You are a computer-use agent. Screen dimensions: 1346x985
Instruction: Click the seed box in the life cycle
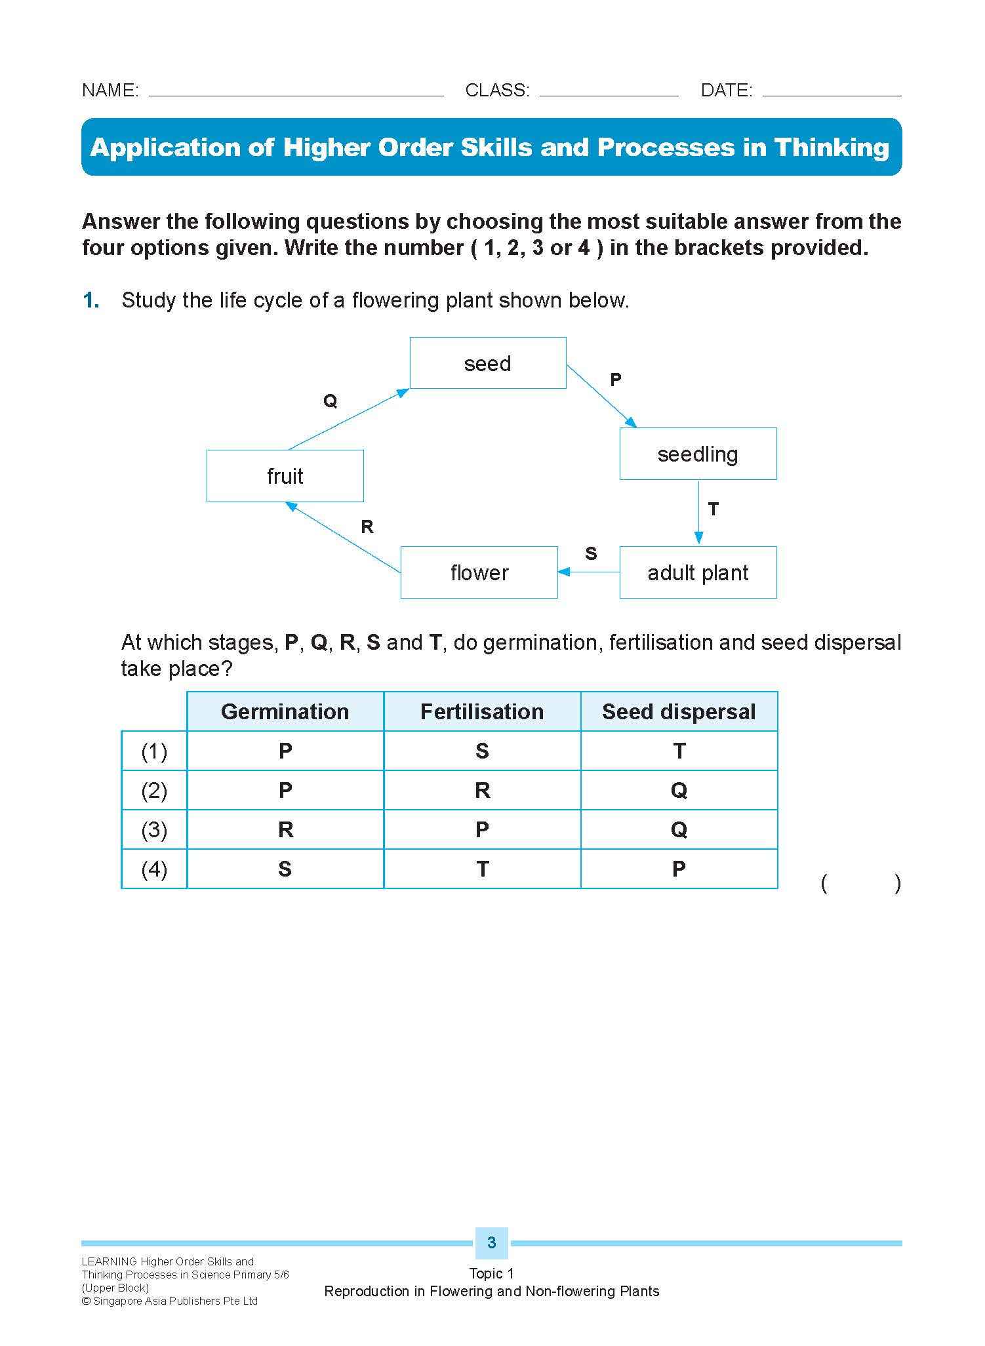[x=487, y=363]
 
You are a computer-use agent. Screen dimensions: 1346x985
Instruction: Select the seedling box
[x=698, y=454]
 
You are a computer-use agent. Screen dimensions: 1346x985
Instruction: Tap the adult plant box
[x=698, y=572]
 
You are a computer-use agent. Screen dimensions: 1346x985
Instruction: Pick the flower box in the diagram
[x=479, y=572]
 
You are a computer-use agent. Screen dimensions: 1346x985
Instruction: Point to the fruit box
[x=285, y=476]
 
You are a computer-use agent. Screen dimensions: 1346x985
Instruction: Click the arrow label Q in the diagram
[x=330, y=401]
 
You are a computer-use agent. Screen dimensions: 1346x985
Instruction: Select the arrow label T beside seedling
[x=714, y=509]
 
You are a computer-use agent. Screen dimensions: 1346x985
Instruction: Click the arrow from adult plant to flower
[x=589, y=572]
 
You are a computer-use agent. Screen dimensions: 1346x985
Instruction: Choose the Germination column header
[x=285, y=711]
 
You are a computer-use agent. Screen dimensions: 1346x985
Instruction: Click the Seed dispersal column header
[x=679, y=711]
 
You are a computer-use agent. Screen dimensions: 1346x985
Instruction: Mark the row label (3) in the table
[x=154, y=829]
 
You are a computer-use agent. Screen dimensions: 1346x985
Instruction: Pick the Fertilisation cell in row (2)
[x=482, y=790]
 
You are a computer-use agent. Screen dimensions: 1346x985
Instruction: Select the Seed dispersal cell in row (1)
[x=679, y=751]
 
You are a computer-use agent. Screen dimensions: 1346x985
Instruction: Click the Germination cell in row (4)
[x=285, y=869]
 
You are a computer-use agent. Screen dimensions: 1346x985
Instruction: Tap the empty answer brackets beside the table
[x=860, y=884]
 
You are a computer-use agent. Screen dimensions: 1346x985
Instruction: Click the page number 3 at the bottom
[x=491, y=1242]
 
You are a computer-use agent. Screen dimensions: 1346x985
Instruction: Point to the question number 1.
[x=91, y=300]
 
